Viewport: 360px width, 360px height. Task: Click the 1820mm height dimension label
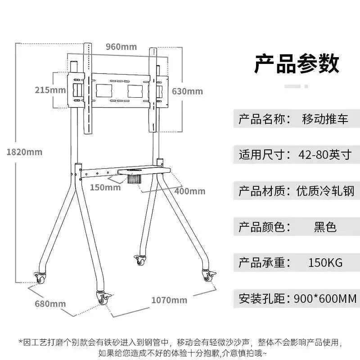(25, 152)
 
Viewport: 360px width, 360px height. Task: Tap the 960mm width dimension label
(121, 47)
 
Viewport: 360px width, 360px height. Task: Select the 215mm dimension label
(50, 90)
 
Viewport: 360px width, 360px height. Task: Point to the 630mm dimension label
(187, 91)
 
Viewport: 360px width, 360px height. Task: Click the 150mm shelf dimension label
(105, 187)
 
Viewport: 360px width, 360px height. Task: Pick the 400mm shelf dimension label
(190, 191)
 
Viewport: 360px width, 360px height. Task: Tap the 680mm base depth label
(50, 304)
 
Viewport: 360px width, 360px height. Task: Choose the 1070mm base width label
(169, 300)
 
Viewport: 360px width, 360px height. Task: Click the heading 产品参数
(297, 63)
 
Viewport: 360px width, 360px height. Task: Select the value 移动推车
(325, 119)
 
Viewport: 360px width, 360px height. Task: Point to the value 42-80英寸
(325, 154)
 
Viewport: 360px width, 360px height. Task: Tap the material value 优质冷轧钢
(325, 191)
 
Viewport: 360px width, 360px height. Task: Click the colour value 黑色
(325, 227)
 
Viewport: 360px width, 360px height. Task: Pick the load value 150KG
(325, 263)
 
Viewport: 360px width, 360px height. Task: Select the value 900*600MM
(325, 299)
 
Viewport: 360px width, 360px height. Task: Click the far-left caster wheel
(40, 278)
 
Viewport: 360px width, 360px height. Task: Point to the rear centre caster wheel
(140, 261)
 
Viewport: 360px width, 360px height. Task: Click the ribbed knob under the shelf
(134, 179)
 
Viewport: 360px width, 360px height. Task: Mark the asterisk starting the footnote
(21, 342)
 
